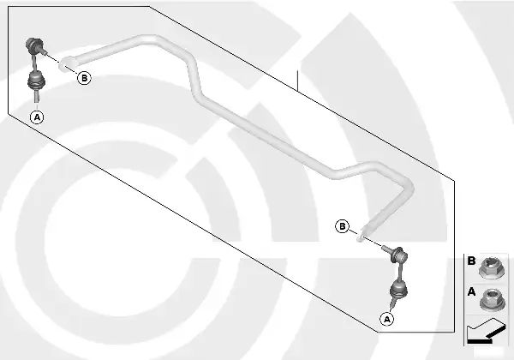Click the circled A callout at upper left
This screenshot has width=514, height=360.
click(x=37, y=117)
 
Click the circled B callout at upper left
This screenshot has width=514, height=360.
click(x=84, y=78)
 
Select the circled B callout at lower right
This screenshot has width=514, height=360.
click(x=342, y=226)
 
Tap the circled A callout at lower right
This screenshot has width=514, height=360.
click(x=387, y=319)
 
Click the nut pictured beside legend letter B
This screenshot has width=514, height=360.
click(x=491, y=268)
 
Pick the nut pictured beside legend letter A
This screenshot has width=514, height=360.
click(x=492, y=299)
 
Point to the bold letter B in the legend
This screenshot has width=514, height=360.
click(x=471, y=261)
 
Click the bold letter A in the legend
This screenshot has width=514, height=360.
click(x=471, y=291)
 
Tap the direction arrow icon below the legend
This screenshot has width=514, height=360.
click(x=486, y=332)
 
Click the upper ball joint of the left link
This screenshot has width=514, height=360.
click(x=33, y=46)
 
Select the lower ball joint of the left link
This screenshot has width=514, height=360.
click(x=35, y=81)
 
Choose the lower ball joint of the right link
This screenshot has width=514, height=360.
click(x=398, y=291)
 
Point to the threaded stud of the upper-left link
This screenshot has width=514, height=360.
click(x=44, y=51)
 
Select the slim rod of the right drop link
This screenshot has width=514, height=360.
click(x=399, y=273)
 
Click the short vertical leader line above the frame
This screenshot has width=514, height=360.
click(x=297, y=81)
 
